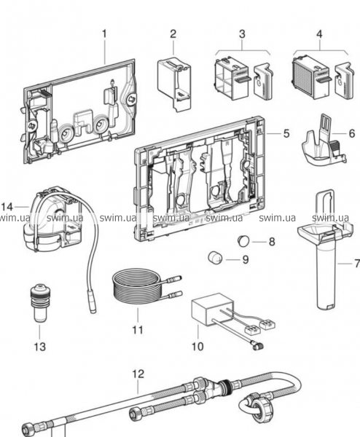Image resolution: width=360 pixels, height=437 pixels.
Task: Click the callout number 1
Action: (104, 34)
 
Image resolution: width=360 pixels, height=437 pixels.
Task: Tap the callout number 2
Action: (173, 34)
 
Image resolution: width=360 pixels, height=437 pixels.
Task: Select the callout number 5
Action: (286, 133)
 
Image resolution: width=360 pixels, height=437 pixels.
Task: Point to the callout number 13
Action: (39, 347)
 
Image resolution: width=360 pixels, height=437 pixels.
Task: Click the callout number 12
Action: (138, 374)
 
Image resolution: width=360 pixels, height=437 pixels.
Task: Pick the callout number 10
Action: (197, 347)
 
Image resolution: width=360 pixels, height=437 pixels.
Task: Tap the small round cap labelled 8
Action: (243, 241)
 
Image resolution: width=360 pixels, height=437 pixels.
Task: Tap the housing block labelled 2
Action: (174, 83)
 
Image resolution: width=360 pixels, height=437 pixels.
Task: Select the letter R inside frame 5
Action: (227, 143)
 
